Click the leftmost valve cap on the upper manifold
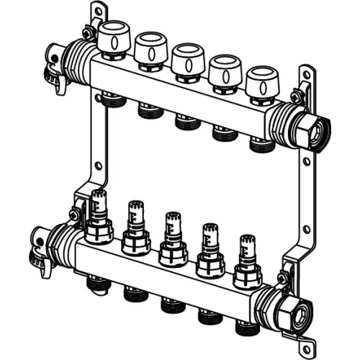[112, 39]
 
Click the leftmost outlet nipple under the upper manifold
[111, 98]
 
